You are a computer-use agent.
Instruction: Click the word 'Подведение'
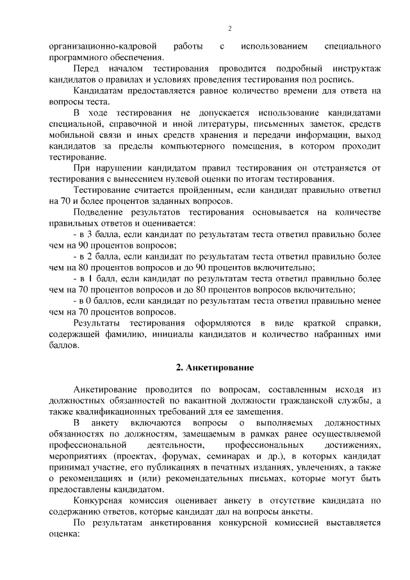(x=99, y=212)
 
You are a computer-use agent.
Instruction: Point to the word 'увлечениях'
(x=306, y=467)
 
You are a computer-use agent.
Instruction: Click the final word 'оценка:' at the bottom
(x=68, y=534)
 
